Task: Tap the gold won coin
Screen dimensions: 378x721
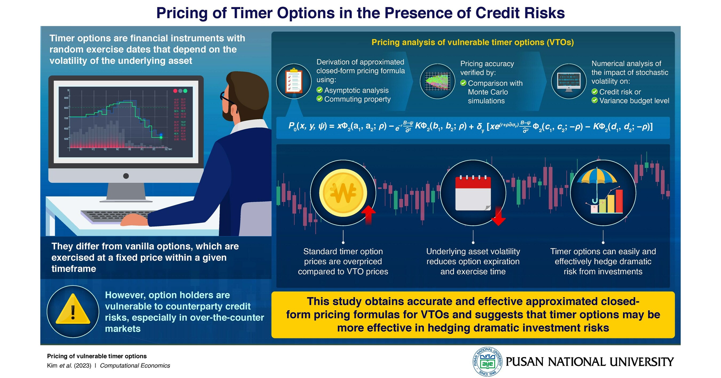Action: point(343,192)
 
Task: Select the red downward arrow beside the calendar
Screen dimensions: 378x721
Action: point(498,216)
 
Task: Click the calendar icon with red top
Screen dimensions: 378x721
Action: point(473,193)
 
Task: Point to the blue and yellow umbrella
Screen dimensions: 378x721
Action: point(597,178)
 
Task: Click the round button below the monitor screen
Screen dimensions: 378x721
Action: point(126,176)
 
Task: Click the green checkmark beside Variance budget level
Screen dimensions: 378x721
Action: point(594,100)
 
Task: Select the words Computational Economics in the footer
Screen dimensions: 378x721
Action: point(135,366)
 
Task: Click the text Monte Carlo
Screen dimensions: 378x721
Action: point(488,92)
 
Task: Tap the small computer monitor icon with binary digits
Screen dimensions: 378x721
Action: point(569,81)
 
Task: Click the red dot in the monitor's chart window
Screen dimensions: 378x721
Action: point(175,91)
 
